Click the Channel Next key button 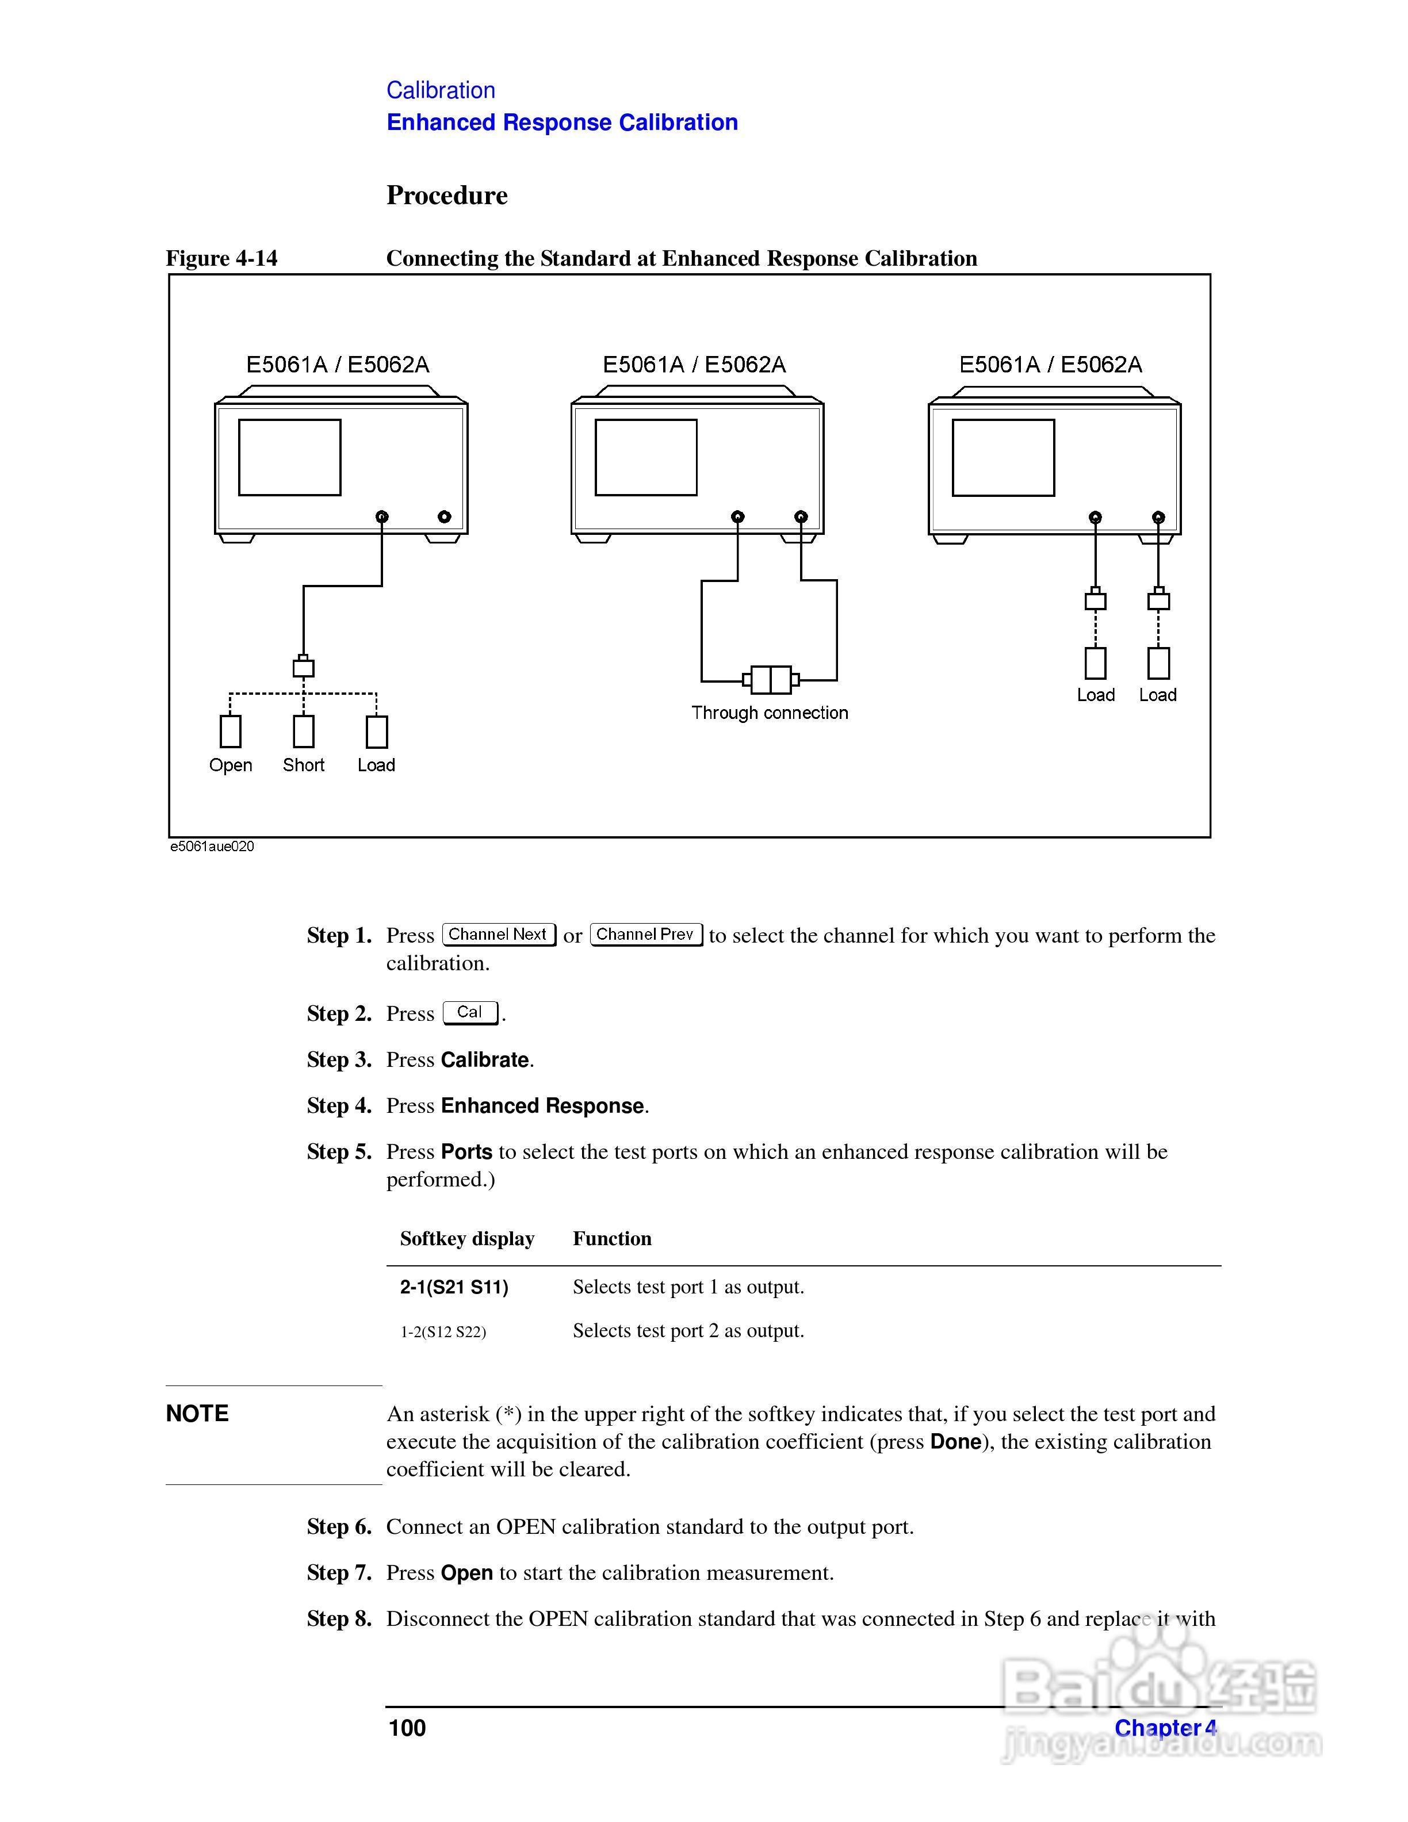click(498, 935)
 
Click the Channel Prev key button click(645, 935)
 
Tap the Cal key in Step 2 click(469, 1013)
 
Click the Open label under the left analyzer click(230, 765)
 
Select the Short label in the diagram click(304, 765)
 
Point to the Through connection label click(769, 713)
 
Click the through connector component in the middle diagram click(771, 680)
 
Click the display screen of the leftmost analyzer click(289, 457)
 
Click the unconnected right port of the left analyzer click(445, 516)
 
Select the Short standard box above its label click(304, 732)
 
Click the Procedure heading click(446, 195)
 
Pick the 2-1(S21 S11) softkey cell click(454, 1287)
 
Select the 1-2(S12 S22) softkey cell click(443, 1331)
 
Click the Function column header click(611, 1239)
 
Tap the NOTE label click(197, 1413)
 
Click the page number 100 click(407, 1728)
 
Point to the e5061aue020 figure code click(212, 847)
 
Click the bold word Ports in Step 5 click(466, 1152)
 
